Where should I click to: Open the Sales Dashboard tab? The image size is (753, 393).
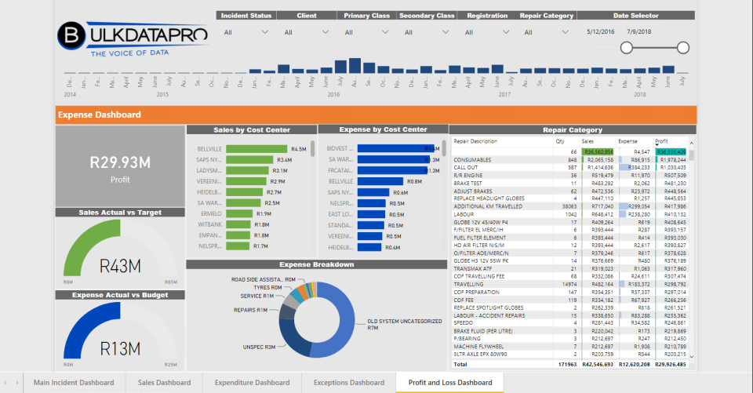[x=163, y=382]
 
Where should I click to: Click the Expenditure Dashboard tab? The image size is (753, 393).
[x=253, y=382]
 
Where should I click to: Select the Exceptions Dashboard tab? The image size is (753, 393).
[x=348, y=382]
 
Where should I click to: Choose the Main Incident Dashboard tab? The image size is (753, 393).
[x=73, y=382]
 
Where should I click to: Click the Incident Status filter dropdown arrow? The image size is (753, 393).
[x=264, y=32]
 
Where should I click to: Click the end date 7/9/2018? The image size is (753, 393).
[x=640, y=32]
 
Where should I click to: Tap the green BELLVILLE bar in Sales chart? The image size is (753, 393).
[x=256, y=148]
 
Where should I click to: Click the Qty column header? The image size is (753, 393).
[x=560, y=141]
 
